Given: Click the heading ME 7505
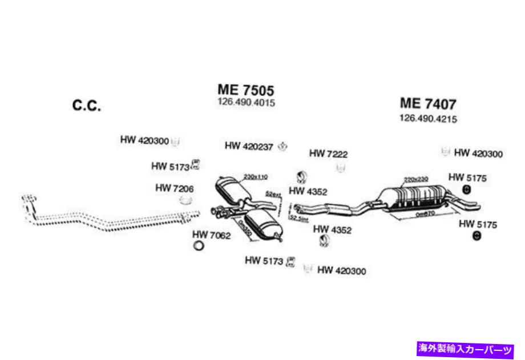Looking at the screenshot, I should coord(246,90).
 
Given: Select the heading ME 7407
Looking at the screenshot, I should coord(428,104).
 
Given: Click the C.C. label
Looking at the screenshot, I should coord(87,106).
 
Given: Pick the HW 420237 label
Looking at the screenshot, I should coord(249,146).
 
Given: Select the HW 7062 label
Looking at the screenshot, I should coord(211,234).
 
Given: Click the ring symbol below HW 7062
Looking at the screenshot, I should coord(199,246).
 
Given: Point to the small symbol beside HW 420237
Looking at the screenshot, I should coord(282,147).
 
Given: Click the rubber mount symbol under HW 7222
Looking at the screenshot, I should coord(341,168).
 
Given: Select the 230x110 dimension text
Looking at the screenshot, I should coord(255,176).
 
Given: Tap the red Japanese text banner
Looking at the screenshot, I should coord(466,347).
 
